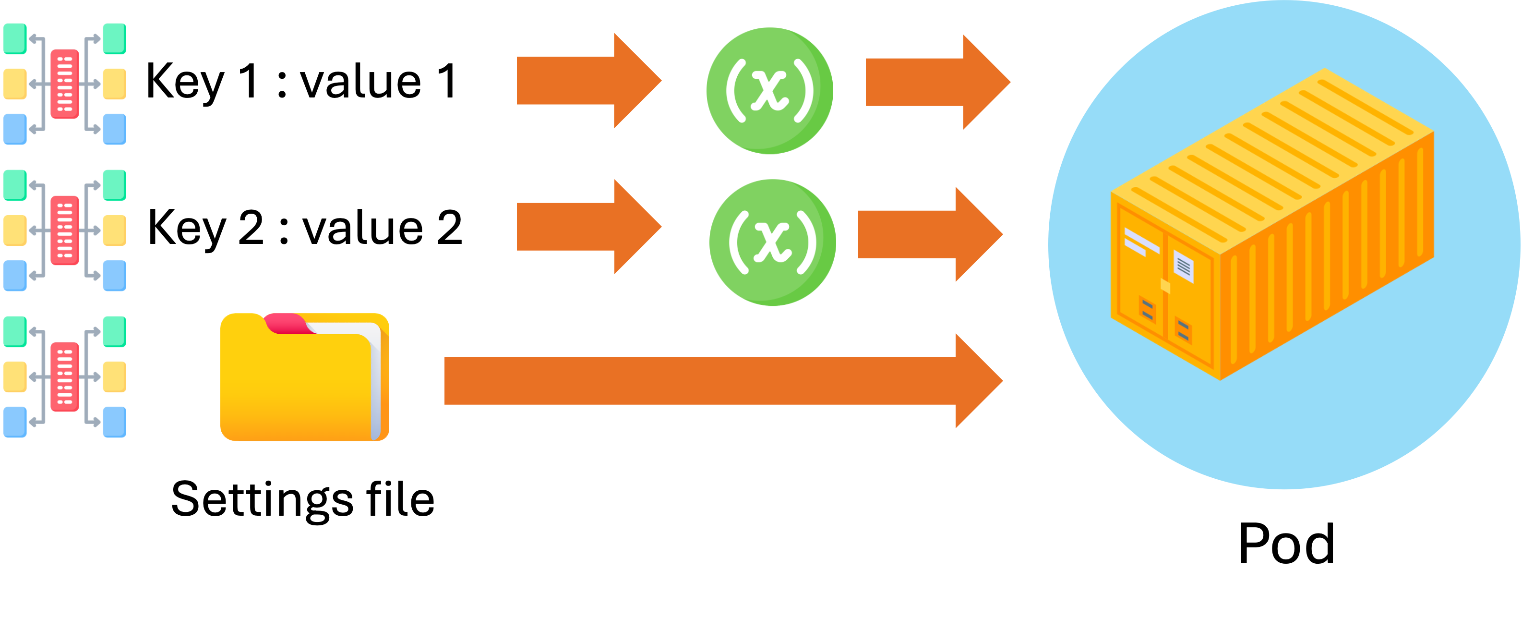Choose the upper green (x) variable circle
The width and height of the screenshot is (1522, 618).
[769, 91]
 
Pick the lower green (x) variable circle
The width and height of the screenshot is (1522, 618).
[772, 243]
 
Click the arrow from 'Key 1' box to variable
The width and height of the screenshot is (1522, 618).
[588, 81]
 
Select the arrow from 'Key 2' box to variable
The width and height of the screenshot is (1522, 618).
[588, 227]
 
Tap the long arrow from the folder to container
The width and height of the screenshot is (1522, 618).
[721, 380]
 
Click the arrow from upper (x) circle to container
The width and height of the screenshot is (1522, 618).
[936, 82]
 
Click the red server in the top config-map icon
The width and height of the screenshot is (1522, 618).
[64, 84]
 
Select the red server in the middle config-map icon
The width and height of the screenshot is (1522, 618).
[64, 230]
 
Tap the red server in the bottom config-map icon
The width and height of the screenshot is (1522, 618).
[64, 377]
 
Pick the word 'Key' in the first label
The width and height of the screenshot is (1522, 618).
[185, 82]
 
